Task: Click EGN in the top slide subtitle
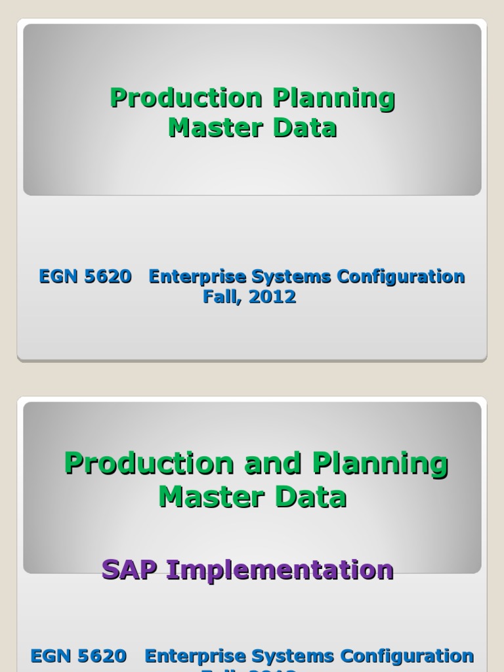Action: (x=57, y=277)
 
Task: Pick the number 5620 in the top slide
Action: (x=108, y=277)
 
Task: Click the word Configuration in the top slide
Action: (x=401, y=277)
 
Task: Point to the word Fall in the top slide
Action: (x=220, y=297)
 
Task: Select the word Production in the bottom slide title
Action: (x=149, y=463)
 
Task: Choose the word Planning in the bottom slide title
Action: (x=381, y=465)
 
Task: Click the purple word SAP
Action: (x=131, y=570)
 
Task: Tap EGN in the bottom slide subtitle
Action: (x=52, y=656)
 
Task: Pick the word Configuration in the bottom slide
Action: (x=407, y=656)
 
